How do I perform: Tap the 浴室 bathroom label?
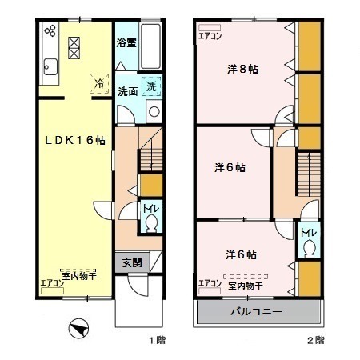pos(126,42)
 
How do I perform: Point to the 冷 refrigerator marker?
pos(99,83)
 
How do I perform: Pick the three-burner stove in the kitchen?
pos(50,32)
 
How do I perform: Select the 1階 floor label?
pos(156,340)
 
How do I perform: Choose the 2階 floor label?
pos(315,340)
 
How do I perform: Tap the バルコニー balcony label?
pos(256,310)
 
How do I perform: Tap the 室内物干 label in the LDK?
pos(78,273)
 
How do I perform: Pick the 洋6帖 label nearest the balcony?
pos(241,254)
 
